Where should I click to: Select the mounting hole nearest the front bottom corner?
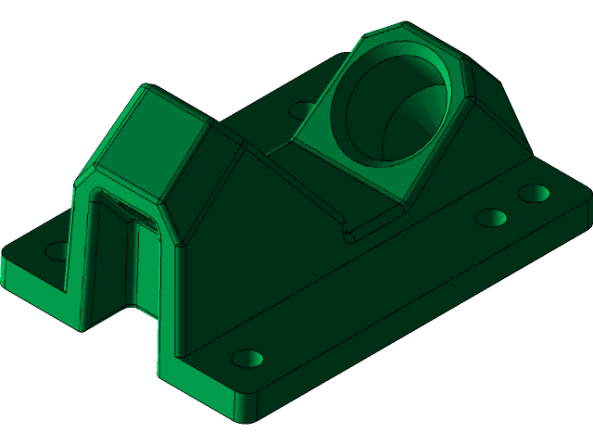[246, 358]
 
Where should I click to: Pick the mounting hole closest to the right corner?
[534, 193]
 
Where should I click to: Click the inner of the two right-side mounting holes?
[491, 219]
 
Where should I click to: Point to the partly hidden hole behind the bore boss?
[302, 109]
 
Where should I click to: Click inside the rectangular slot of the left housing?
[125, 260]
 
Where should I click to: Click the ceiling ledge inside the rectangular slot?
[130, 209]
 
